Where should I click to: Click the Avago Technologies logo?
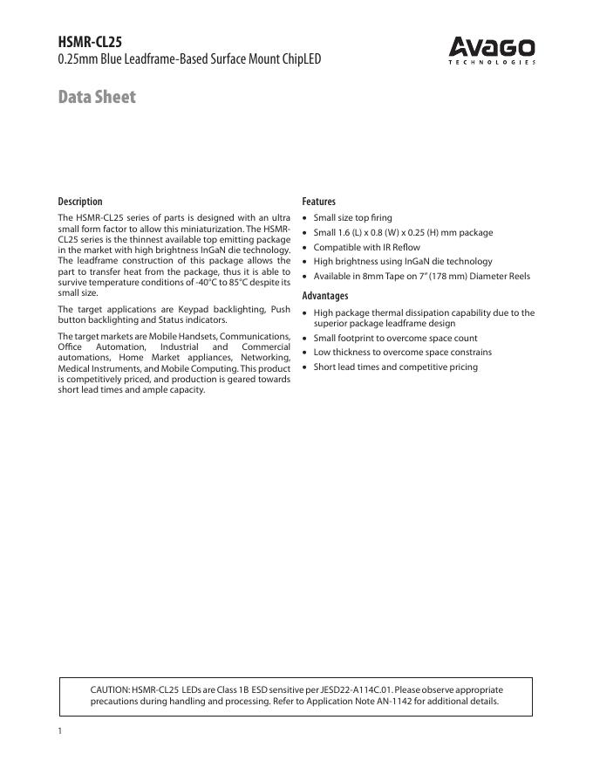pyautogui.click(x=492, y=51)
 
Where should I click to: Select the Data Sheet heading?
pyautogui.click(x=97, y=97)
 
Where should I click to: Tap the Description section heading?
pyautogui.click(x=80, y=202)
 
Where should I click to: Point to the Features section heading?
pyautogui.click(x=318, y=202)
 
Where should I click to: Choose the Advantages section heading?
pyautogui.click(x=324, y=296)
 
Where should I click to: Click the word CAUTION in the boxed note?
pyautogui.click(x=109, y=689)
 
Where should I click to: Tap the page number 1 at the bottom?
pyautogui.click(x=60, y=731)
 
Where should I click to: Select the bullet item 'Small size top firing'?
pyautogui.click(x=352, y=217)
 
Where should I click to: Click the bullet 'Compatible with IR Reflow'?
pyautogui.click(x=366, y=247)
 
